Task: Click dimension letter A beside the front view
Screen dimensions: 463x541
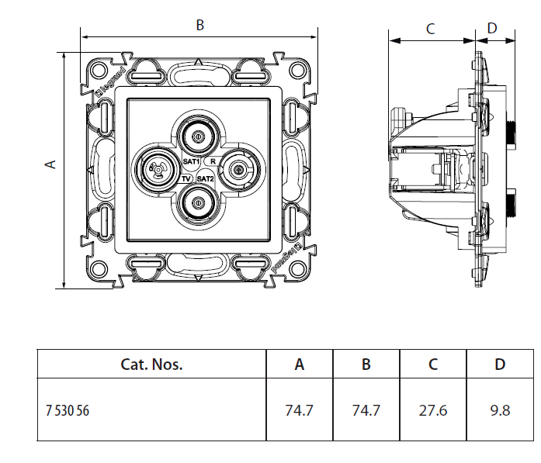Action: tap(52, 164)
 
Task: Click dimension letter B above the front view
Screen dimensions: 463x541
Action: tap(199, 25)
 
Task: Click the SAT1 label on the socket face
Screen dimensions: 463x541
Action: tap(192, 161)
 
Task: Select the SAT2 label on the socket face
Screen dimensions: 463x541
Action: tap(205, 178)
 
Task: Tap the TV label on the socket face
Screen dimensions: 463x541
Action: tap(186, 178)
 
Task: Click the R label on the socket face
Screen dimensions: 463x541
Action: tap(213, 161)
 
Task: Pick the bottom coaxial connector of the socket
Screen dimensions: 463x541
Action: tap(199, 203)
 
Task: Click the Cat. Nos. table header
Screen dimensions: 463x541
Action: tap(151, 365)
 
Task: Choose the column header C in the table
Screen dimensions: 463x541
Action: tap(433, 365)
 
